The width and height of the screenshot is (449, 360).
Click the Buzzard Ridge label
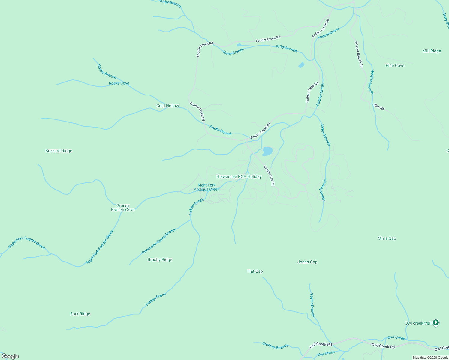pos(59,151)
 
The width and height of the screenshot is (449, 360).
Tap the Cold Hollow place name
pos(167,106)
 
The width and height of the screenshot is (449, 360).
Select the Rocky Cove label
pos(119,83)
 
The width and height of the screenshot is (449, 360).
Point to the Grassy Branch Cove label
pos(123,208)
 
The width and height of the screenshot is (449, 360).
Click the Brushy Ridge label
pos(160,260)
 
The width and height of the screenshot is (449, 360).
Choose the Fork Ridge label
pos(80,314)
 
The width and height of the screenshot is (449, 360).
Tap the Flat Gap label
pos(255,271)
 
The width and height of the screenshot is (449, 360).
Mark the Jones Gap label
pos(307,262)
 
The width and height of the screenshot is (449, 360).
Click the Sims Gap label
pos(387,238)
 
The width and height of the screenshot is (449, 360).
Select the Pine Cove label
pos(395,66)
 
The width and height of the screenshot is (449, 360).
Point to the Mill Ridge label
pos(432,51)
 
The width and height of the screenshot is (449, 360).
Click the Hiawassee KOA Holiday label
pos(239,177)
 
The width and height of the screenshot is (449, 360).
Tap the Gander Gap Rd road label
pos(269,175)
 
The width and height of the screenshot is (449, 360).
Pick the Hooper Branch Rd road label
pos(359,54)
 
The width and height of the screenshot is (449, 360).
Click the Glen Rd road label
pos(379,107)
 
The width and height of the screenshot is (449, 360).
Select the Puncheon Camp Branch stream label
pos(159,241)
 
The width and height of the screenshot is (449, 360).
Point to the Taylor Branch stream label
pos(312,305)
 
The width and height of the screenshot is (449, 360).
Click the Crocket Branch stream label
pos(275,346)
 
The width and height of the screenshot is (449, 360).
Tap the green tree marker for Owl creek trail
pos(436,323)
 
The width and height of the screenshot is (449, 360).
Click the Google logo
pos(10,356)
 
